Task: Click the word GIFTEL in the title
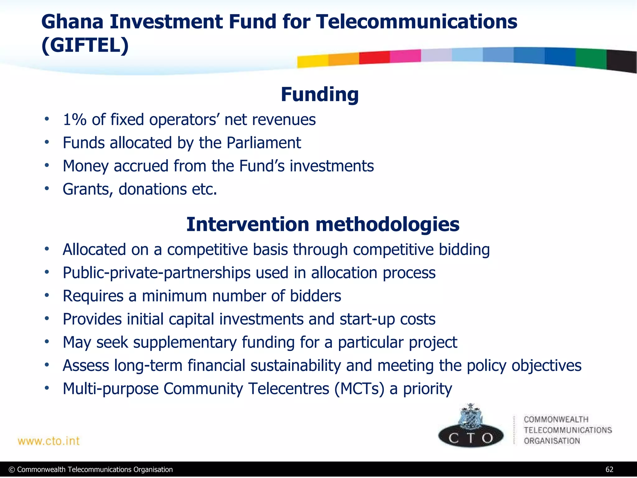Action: (x=85, y=45)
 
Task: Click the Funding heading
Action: (x=319, y=94)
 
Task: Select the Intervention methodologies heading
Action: (x=323, y=224)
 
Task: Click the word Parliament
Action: (x=263, y=143)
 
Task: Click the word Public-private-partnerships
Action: (x=156, y=273)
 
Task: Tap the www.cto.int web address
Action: (x=49, y=441)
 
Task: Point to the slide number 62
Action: (x=609, y=470)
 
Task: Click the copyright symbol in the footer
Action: (x=12, y=470)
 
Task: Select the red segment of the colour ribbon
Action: (x=374, y=58)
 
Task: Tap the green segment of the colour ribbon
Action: (x=591, y=59)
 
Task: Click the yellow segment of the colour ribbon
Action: (x=312, y=61)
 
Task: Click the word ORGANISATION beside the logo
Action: (x=552, y=441)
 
